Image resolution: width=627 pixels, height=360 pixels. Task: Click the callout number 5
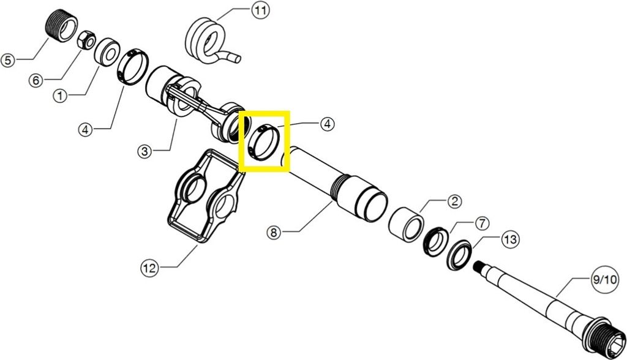pyautogui.click(x=8, y=61)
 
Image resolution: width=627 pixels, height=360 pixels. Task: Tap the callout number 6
pyautogui.click(x=36, y=80)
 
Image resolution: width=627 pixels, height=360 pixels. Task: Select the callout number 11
pyautogui.click(x=260, y=10)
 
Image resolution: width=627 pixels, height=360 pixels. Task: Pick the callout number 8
pyautogui.click(x=274, y=233)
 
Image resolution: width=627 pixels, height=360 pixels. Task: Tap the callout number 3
pyautogui.click(x=145, y=151)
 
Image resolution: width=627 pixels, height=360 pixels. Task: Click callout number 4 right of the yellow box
pyautogui.click(x=327, y=124)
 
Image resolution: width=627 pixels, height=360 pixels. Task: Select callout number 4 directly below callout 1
pyautogui.click(x=85, y=130)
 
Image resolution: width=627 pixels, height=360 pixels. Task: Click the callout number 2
pyautogui.click(x=455, y=201)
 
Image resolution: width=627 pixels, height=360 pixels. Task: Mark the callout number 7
pyautogui.click(x=482, y=223)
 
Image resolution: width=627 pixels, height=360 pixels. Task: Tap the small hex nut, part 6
pyautogui.click(x=86, y=40)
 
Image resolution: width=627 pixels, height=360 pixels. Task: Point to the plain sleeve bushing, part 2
pyautogui.click(x=407, y=224)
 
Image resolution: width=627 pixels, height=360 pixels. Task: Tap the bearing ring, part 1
pyautogui.click(x=107, y=51)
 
